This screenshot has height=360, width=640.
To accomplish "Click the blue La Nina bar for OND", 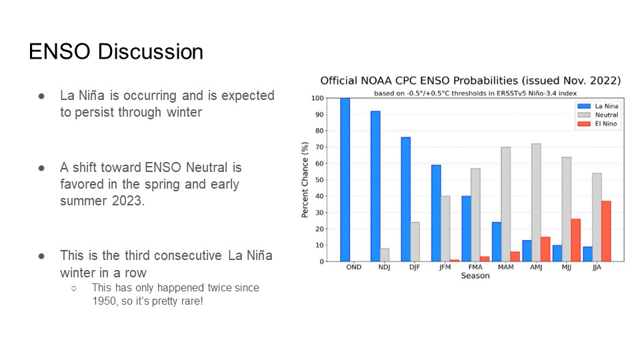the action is [345, 179].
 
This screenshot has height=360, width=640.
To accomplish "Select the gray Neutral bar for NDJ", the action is [385, 255].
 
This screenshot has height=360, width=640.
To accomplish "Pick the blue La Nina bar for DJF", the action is [406, 199].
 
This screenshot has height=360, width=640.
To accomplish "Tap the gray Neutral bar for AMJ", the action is [536, 203].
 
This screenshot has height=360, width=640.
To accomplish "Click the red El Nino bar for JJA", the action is [606, 231].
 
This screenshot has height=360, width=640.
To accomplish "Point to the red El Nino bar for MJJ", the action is [575, 240].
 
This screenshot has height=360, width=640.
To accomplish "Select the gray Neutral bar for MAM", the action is [506, 204].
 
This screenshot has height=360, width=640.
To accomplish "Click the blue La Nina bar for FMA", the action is [467, 229].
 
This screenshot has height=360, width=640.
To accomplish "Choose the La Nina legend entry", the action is [598, 106].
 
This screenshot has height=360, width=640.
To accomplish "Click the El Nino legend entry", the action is [597, 124].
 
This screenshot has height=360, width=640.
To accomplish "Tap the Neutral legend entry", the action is [598, 115].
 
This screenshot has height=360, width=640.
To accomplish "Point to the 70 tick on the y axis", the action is [319, 147].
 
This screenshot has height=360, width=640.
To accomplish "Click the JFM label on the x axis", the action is [445, 267].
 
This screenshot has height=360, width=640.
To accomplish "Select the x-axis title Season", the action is [475, 276].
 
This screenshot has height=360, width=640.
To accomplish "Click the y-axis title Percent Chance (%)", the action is [305, 179].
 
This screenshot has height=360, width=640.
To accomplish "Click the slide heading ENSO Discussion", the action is [116, 52].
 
